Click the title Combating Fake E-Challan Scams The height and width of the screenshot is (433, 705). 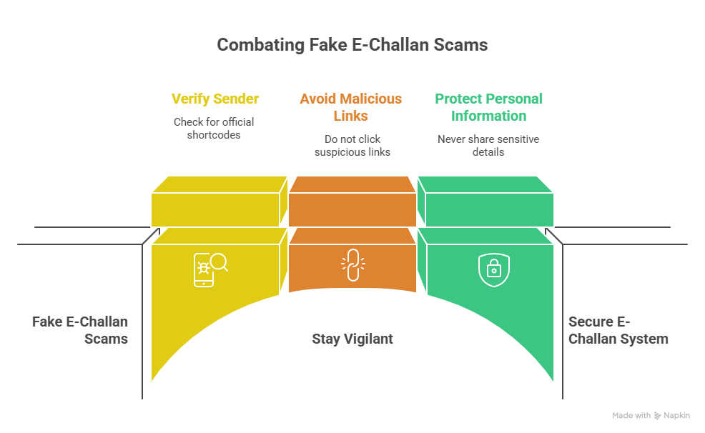352,45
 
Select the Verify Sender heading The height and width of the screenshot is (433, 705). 215,99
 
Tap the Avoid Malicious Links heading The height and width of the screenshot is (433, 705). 350,107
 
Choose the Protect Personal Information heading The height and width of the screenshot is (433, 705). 489,107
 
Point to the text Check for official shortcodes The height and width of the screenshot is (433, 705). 214,129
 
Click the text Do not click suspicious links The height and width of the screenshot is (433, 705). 352,146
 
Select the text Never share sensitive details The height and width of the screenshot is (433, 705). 488,146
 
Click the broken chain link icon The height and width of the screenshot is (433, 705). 353,265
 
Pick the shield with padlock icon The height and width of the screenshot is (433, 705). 493,269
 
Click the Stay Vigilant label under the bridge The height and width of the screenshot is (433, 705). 352,339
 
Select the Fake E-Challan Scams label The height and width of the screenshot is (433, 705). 80,330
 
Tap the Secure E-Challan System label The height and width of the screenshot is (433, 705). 618,330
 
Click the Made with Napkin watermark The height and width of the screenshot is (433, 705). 651,415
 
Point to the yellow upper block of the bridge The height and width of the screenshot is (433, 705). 220,201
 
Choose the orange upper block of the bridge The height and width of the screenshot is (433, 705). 352,201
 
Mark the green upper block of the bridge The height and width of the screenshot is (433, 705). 485,201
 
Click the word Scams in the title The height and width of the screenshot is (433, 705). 460,45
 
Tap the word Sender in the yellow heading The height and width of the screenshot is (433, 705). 236,99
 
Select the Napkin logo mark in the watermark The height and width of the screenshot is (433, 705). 657,415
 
